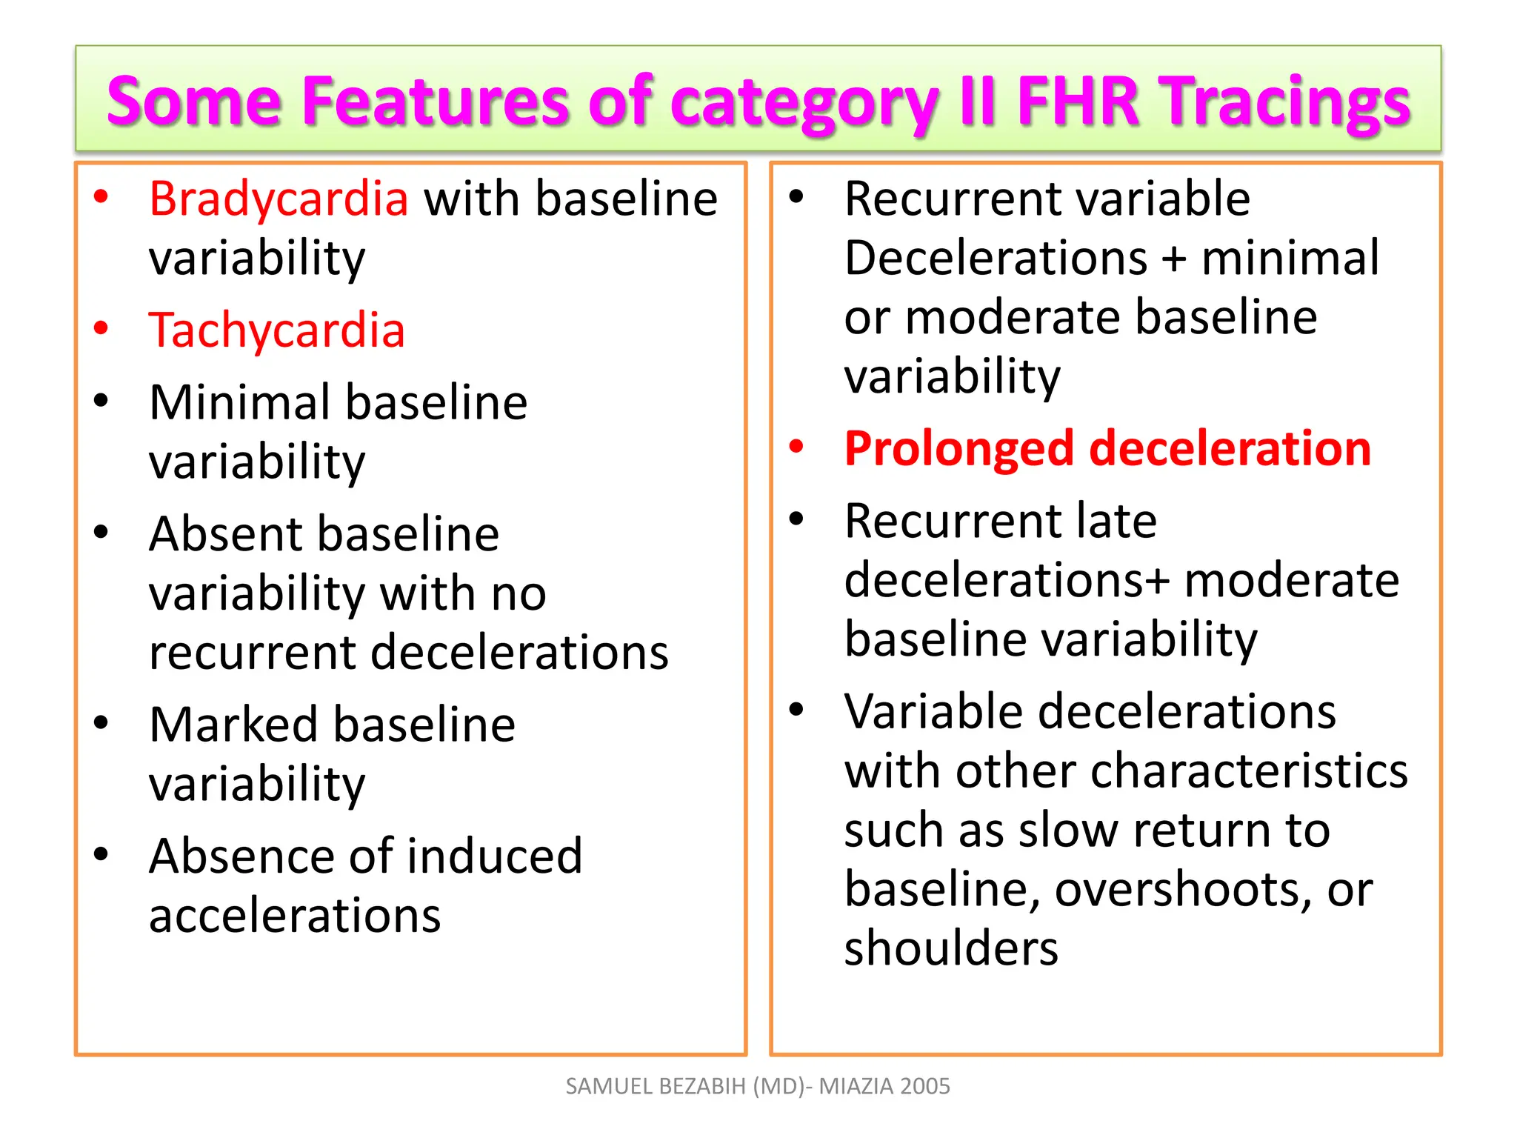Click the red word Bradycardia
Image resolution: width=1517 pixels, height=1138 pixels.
pyautogui.click(x=279, y=199)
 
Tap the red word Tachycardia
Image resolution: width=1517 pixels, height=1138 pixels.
pyautogui.click(x=277, y=330)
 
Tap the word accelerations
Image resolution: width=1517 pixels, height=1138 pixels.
pyautogui.click(x=295, y=916)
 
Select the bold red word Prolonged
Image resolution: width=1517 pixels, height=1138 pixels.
pyautogui.click(x=958, y=449)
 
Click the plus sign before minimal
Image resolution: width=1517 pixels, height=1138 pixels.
pyautogui.click(x=1173, y=259)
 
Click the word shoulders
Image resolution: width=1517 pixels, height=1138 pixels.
pyautogui.click(x=951, y=948)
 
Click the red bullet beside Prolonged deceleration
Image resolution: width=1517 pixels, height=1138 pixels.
pyautogui.click(x=796, y=447)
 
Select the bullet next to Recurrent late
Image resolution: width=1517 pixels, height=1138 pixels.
pyautogui.click(x=796, y=519)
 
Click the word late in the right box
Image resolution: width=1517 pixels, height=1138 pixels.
pyautogui.click(x=1116, y=521)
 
